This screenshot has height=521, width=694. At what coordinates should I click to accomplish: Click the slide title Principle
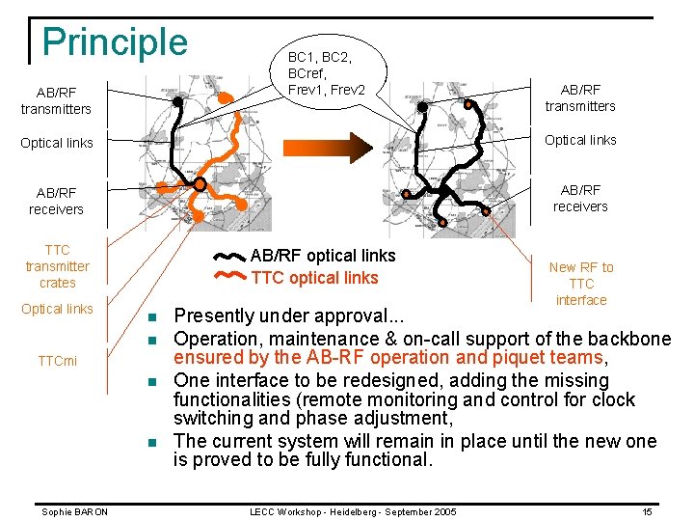(x=115, y=42)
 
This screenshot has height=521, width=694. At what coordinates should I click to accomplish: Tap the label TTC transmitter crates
(x=57, y=266)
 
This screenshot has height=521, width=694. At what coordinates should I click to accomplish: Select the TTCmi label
(x=57, y=361)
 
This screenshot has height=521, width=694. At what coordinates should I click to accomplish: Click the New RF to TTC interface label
(x=581, y=284)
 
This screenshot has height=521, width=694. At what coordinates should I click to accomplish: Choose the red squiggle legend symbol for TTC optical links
(x=229, y=278)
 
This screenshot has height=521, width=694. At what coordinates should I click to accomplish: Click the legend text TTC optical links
(x=314, y=278)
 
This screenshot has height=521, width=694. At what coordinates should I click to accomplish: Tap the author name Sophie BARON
(x=74, y=511)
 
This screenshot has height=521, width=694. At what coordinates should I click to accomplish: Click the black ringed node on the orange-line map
(x=200, y=183)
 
